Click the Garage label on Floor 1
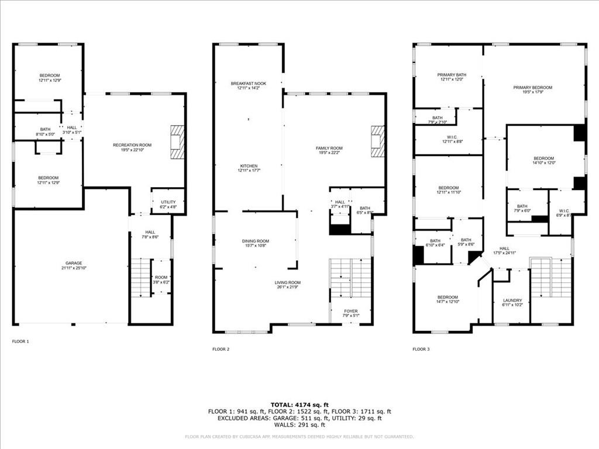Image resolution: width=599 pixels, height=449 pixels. click(74, 263)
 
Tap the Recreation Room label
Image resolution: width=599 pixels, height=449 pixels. click(132, 145)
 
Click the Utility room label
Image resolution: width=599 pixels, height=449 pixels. click(168, 202)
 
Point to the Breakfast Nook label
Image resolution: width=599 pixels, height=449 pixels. click(248, 84)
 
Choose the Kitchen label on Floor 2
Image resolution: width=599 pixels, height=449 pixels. click(248, 166)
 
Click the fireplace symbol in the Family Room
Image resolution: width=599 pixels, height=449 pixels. click(378, 141)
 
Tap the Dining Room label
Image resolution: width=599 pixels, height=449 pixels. click(255, 241)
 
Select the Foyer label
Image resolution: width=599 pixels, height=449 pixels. click(350, 311)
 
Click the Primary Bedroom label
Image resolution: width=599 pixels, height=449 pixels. click(532, 88)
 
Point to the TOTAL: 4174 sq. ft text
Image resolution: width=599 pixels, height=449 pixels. click(299, 405)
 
